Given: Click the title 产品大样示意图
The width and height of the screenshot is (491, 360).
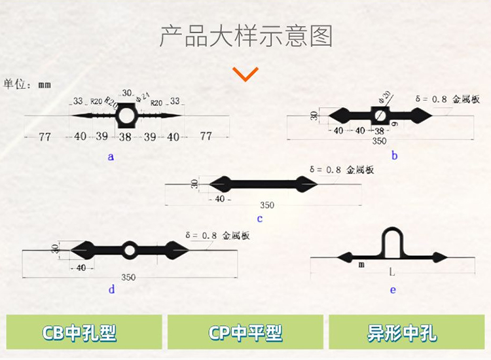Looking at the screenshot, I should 245,35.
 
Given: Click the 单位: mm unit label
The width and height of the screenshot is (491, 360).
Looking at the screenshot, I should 27,84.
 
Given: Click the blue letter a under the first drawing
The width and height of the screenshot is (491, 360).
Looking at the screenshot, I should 111,156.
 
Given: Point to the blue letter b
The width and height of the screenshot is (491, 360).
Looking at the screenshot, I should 394,155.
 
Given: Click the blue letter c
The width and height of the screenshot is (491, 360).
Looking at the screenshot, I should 260,219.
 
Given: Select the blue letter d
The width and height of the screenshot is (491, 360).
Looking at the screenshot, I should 111,289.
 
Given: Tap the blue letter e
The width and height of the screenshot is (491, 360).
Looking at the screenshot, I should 393,289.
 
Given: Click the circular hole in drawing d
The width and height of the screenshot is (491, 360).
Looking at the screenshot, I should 130,249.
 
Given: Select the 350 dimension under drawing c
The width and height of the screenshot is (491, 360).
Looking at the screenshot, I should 267,205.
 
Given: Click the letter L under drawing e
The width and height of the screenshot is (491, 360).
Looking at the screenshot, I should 391,270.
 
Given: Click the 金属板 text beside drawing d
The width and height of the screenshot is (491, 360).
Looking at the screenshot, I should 236,235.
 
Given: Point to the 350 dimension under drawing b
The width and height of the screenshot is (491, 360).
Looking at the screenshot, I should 379,141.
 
